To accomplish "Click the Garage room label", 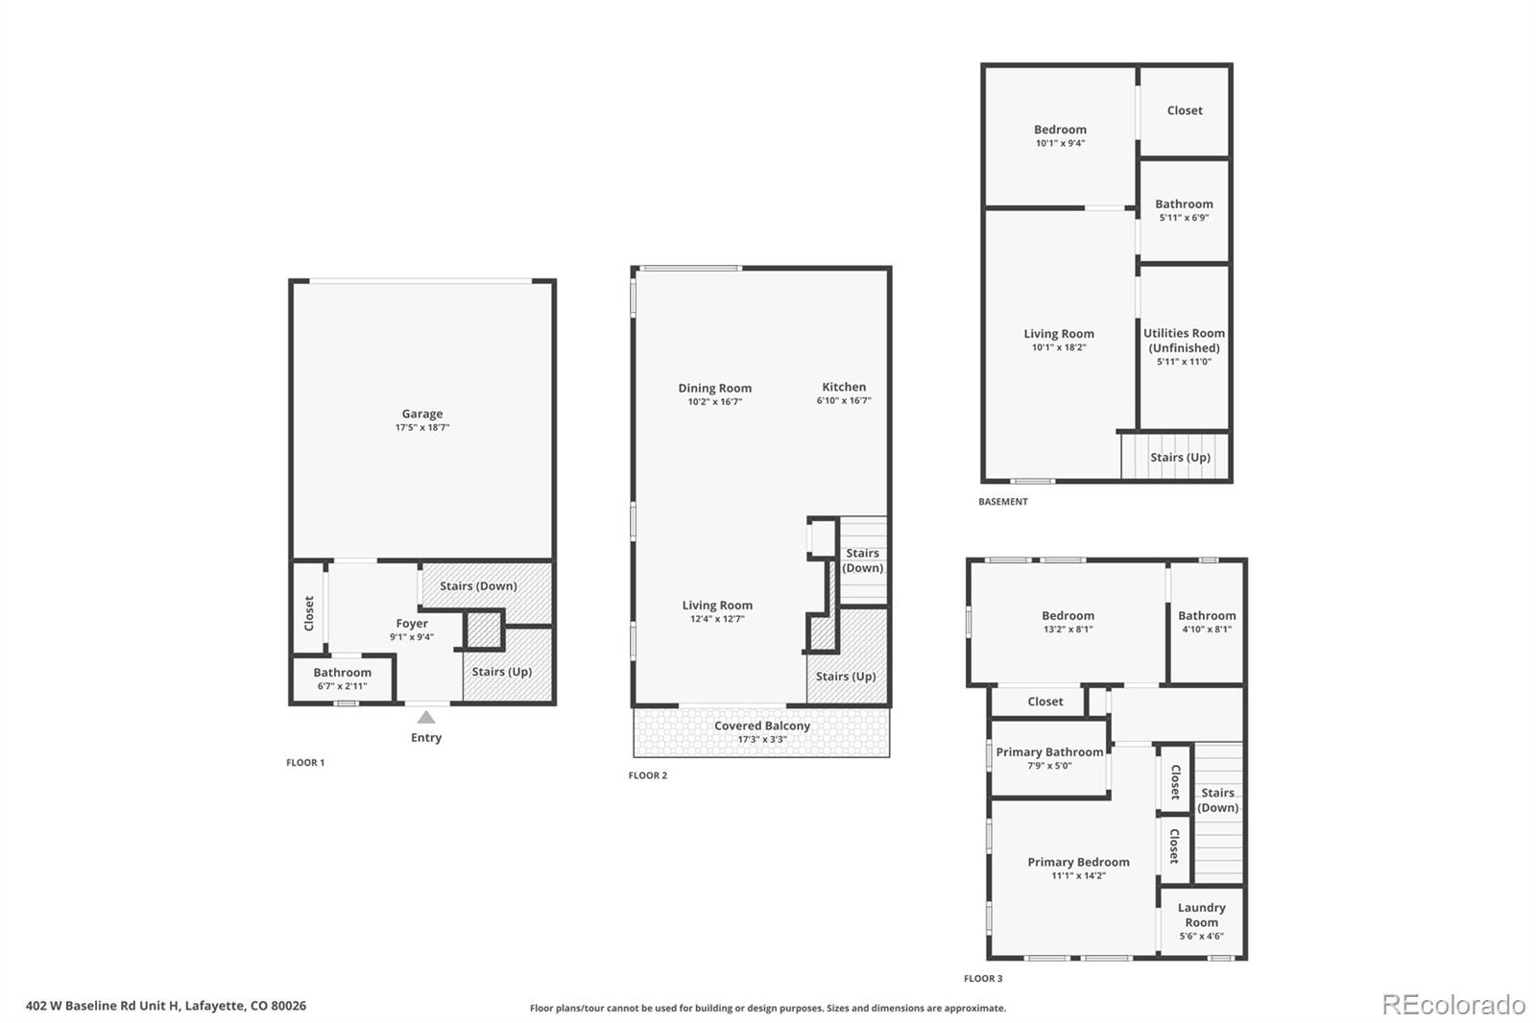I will pyautogui.click(x=421, y=414).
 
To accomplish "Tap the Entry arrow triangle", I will pyautogui.click(x=426, y=717).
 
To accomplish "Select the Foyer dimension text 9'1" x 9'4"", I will pyautogui.click(x=412, y=636).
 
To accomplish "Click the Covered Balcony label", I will pyautogui.click(x=761, y=726).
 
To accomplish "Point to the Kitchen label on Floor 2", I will pyautogui.click(x=843, y=387).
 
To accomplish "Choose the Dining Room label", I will pyautogui.click(x=714, y=388).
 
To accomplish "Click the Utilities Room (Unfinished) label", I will pyautogui.click(x=1184, y=341).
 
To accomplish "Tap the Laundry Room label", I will pyautogui.click(x=1201, y=915).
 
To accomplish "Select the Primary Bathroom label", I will pyautogui.click(x=1049, y=751).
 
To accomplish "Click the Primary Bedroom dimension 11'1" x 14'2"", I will pyautogui.click(x=1078, y=875).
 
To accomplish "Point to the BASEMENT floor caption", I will pyautogui.click(x=1002, y=501).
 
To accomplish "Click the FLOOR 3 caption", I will pyautogui.click(x=983, y=978).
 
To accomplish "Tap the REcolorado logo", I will pyautogui.click(x=1453, y=1005).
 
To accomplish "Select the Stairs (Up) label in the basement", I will pyautogui.click(x=1180, y=457).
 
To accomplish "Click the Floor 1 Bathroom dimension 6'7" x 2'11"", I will pyautogui.click(x=342, y=686).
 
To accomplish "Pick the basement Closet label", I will pyautogui.click(x=1184, y=110).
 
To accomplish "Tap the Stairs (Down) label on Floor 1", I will pyautogui.click(x=478, y=585).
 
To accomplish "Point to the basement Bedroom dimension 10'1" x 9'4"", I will pyautogui.click(x=1060, y=143).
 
